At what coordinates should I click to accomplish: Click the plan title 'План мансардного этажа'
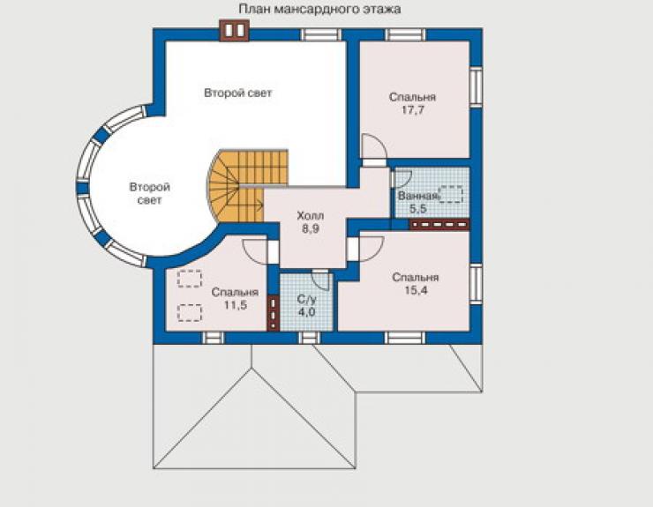coord(319,9)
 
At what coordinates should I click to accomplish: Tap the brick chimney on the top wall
coord(234,30)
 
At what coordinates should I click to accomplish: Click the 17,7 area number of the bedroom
coord(412,110)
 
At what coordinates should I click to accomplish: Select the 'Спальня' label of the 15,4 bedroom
coord(416,277)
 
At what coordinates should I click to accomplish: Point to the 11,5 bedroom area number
coord(236,305)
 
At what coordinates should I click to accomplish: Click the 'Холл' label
coord(311,216)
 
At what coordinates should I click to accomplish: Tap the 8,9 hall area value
coord(311,228)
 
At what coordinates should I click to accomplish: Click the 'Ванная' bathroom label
coord(418,196)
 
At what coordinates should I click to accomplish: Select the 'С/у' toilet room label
coord(306,299)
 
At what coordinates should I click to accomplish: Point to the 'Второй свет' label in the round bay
coord(149,193)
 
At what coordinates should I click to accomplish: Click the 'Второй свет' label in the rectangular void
coord(237,93)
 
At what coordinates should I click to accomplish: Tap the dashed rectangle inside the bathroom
coord(451,194)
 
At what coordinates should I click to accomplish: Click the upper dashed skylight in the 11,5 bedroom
coord(190,279)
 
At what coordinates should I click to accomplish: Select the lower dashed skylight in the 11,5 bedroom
coord(190,313)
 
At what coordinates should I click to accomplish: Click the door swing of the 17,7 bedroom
coord(373,147)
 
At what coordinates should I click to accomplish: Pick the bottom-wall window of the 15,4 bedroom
coord(405,338)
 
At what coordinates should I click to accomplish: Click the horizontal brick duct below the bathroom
coord(439,225)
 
